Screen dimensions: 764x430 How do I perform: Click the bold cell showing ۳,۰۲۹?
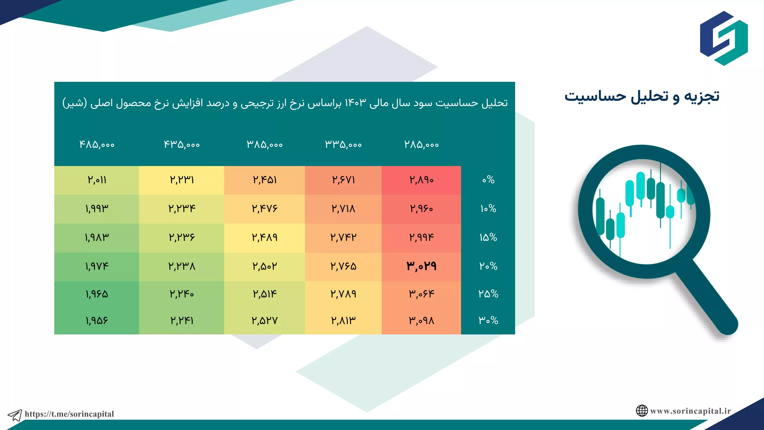[x=421, y=266]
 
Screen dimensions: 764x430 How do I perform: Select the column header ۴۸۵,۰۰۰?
[x=97, y=145]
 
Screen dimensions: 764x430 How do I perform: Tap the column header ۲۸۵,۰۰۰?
[x=421, y=145]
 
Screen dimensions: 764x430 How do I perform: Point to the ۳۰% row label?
[x=488, y=320]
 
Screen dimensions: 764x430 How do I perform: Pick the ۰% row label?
[x=488, y=180]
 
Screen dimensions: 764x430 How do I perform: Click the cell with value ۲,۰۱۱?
[x=97, y=180]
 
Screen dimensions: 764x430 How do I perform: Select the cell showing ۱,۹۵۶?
[x=97, y=321]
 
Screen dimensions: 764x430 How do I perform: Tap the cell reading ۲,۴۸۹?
[x=265, y=237]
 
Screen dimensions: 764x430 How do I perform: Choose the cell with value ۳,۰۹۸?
[x=421, y=321]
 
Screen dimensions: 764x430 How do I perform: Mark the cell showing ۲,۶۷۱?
[x=344, y=180]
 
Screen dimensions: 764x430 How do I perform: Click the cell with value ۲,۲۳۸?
[x=182, y=266]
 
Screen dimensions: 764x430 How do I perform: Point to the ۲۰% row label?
[x=488, y=266]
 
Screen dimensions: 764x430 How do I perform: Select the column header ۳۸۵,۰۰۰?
[x=265, y=145]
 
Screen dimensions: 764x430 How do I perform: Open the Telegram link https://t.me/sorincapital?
[x=69, y=414]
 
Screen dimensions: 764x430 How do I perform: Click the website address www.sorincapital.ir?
[x=691, y=411]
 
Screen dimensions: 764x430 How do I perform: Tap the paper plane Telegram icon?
[x=15, y=415]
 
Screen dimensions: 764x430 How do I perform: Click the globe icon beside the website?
[x=642, y=411]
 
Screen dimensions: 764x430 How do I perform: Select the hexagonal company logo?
[x=724, y=38]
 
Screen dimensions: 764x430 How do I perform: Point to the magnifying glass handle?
[x=707, y=299]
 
